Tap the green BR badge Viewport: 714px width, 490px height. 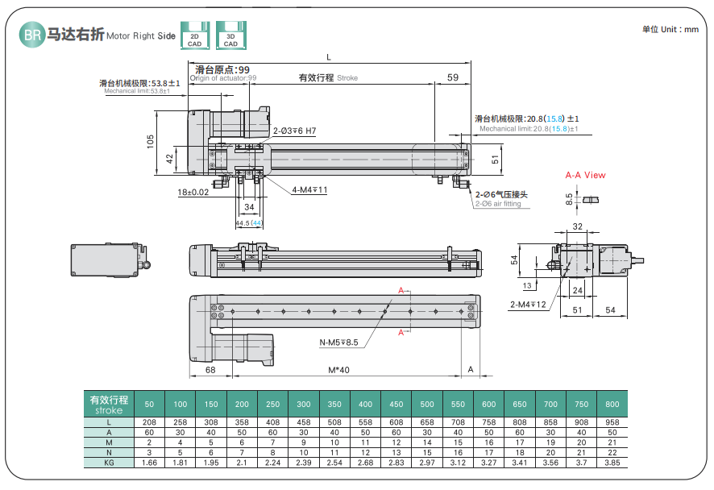(31, 35)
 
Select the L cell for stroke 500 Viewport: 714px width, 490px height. (427, 421)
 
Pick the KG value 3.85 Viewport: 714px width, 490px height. (612, 463)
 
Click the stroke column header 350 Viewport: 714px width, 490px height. (334, 404)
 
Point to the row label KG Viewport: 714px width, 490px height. (108, 463)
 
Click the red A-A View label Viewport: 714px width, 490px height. (585, 175)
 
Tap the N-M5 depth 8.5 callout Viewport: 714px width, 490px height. (339, 343)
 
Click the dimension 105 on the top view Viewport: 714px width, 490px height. (150, 140)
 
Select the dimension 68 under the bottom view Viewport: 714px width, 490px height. (210, 370)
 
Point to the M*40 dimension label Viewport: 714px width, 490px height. (338, 370)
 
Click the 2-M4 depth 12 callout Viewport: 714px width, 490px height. (528, 305)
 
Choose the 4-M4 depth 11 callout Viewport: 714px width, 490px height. (309, 190)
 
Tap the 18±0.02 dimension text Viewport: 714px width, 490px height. (193, 193)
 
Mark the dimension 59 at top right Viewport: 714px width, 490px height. (452, 77)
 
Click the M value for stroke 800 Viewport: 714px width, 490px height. (612, 442)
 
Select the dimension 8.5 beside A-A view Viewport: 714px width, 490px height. (569, 196)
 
